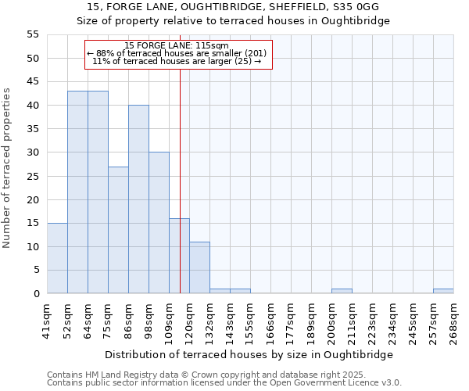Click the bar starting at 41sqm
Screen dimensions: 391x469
tap(57, 258)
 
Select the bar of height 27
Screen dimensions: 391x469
tap(118, 230)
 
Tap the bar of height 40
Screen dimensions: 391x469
tap(138, 199)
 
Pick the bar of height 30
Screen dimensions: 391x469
tap(159, 223)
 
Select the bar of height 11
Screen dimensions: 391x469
tap(199, 267)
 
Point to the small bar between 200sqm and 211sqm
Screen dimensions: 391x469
tap(342, 291)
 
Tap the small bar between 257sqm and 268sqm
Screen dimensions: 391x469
tap(443, 291)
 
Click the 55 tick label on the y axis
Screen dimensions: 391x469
tap(32, 34)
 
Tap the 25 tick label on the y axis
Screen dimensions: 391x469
tap(32, 176)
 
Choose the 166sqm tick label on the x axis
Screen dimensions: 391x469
tap(270, 321)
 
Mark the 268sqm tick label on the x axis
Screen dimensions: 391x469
tap(453, 321)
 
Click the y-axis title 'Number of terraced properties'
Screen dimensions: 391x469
tap(7, 167)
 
